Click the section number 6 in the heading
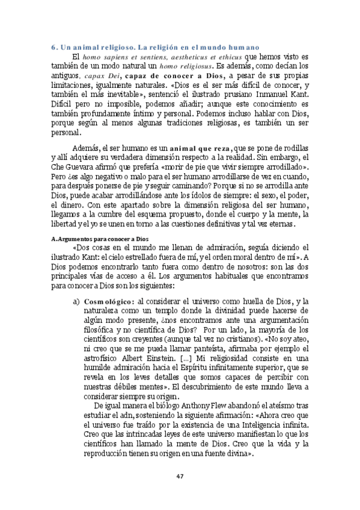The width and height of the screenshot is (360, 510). coord(53,46)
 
